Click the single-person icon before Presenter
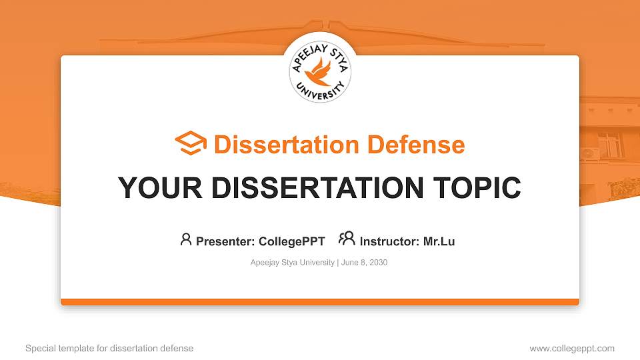coord(186,240)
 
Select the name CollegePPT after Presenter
coord(291,241)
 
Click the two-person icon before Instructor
coord(347,240)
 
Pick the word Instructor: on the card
coord(389,241)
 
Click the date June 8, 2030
coord(364,263)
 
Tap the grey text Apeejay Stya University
coord(293,263)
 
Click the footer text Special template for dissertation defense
coord(109,348)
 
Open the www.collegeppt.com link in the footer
coord(572,348)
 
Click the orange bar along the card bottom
coord(320,302)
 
